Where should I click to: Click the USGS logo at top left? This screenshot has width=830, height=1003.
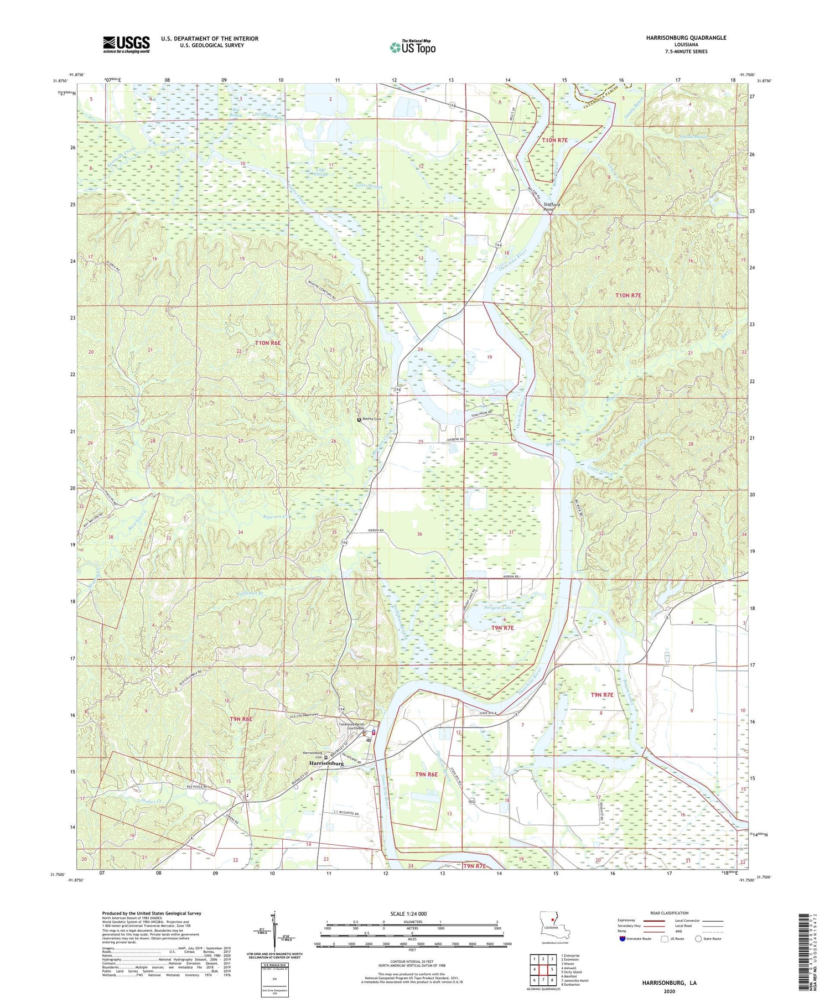[126, 44]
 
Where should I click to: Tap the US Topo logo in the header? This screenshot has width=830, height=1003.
[412, 47]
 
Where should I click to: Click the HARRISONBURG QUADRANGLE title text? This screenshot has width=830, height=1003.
[678, 38]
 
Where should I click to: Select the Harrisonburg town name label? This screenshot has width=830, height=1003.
[326, 763]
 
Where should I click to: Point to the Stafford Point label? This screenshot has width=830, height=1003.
[551, 207]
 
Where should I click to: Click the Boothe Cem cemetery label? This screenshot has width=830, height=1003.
[371, 419]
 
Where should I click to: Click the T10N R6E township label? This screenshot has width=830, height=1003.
[268, 344]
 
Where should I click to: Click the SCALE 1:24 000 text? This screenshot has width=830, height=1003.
[408, 913]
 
